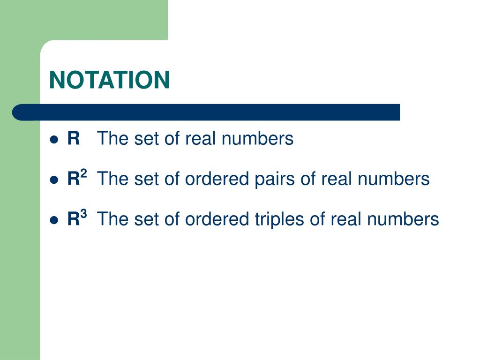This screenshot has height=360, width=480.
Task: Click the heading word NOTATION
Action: coord(110,80)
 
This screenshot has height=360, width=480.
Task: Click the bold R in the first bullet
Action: coord(74,139)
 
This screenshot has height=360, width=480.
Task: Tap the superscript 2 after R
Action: coord(83,174)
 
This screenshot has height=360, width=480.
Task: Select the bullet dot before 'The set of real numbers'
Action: coord(54,140)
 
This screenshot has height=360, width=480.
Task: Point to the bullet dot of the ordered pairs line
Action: coord(54,180)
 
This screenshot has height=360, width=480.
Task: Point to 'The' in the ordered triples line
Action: coord(111,219)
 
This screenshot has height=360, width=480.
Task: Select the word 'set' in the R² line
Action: coord(142,179)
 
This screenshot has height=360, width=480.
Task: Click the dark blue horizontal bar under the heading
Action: coord(211,112)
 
